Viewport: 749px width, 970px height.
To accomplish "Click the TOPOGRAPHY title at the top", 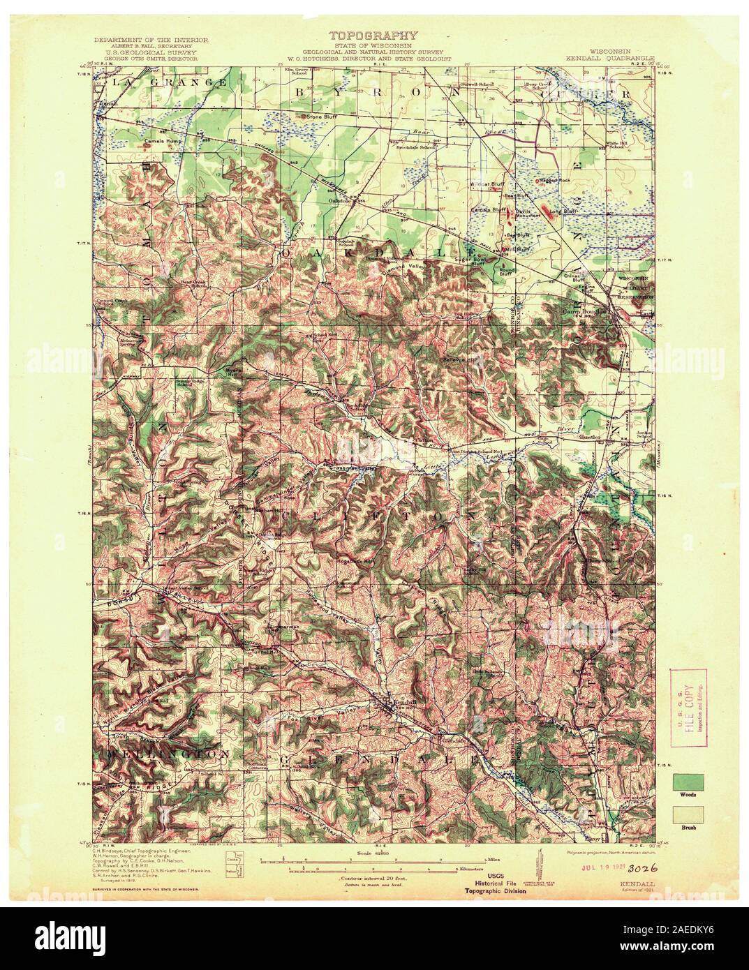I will (x=373, y=35).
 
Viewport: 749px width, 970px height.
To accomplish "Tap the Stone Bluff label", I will (x=321, y=117).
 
